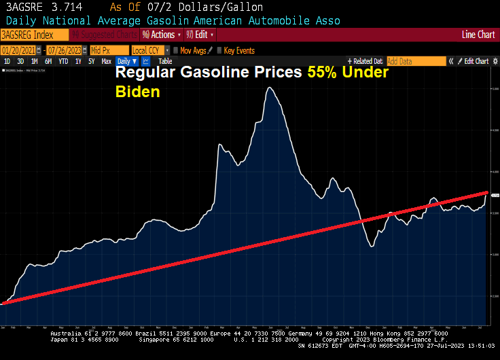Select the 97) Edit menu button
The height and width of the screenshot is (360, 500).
200,35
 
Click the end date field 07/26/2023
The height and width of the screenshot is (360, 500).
65,50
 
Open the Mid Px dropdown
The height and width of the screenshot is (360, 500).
109,50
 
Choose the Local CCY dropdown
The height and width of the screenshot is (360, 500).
149,50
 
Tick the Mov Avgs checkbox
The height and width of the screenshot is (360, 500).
177,50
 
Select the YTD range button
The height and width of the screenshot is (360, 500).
63,61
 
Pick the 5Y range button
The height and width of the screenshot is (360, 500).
90,61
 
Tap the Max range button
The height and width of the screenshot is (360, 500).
106,61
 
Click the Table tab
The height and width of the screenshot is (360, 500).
165,61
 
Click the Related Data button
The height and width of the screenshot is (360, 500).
365,61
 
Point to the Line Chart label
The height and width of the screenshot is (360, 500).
478,35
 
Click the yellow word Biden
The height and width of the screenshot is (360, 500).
137,92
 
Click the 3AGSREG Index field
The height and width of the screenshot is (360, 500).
31,35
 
